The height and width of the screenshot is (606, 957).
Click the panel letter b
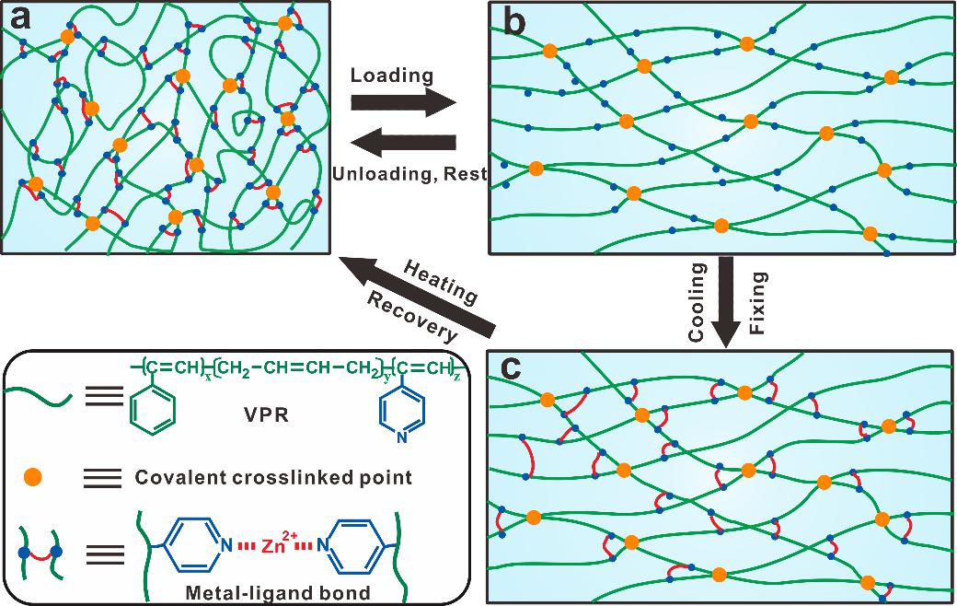tap(511, 21)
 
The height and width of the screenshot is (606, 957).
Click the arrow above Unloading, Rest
tap(405, 143)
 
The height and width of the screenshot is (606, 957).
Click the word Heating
tap(439, 282)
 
